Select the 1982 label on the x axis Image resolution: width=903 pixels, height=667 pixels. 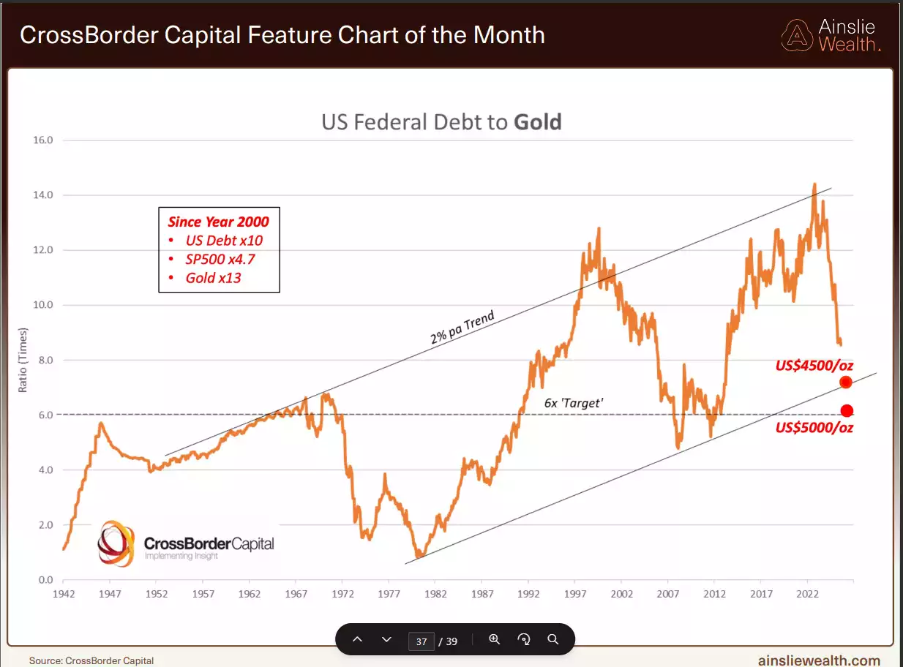click(435, 594)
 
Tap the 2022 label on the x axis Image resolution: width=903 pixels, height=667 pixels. click(807, 594)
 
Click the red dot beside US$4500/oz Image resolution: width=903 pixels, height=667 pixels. click(846, 383)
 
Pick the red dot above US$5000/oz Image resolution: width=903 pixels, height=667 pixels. click(847, 411)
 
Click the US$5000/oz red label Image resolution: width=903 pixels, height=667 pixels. click(814, 428)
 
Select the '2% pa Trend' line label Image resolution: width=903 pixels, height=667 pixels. click(462, 328)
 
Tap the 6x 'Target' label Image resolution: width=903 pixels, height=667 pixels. click(573, 403)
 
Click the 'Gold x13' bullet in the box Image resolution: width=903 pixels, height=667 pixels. click(213, 278)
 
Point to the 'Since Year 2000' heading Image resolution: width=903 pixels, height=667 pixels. click(218, 222)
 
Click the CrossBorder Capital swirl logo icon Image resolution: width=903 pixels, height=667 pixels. click(117, 543)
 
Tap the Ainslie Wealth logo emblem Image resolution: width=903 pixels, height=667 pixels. click(796, 34)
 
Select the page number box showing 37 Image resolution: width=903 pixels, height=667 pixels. click(421, 641)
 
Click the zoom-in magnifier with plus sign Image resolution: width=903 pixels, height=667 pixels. click(494, 639)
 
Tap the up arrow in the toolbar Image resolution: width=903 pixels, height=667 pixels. click(357, 639)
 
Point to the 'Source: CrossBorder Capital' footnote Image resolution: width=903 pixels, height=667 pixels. click(91, 660)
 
